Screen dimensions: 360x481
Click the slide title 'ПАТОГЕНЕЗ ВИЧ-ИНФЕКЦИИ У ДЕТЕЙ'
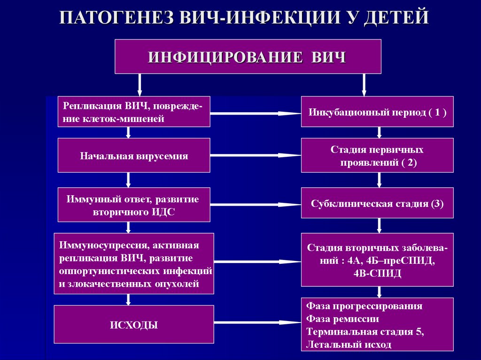[x=244, y=18]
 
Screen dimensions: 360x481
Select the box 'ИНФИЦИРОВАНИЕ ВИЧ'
[x=248, y=57]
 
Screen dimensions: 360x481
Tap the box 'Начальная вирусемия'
[x=134, y=156]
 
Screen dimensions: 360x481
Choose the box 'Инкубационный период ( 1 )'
[x=377, y=112]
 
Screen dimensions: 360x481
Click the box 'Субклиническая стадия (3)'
[x=377, y=204]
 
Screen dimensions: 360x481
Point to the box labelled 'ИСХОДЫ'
[x=134, y=324]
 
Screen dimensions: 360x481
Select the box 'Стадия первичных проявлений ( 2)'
[x=377, y=156]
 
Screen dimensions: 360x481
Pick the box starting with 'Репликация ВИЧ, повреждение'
[x=134, y=112]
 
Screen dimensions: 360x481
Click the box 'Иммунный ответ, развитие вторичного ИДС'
[x=134, y=205]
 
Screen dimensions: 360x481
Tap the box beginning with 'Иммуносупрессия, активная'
[x=134, y=264]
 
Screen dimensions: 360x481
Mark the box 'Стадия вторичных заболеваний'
[x=377, y=260]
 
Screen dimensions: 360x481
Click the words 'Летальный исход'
[x=349, y=345]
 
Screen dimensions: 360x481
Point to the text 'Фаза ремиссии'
[x=342, y=319]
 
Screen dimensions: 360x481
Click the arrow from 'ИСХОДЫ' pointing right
[x=257, y=322]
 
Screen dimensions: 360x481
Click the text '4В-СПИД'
[x=378, y=274]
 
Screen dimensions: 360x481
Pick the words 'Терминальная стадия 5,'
[x=365, y=332]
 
